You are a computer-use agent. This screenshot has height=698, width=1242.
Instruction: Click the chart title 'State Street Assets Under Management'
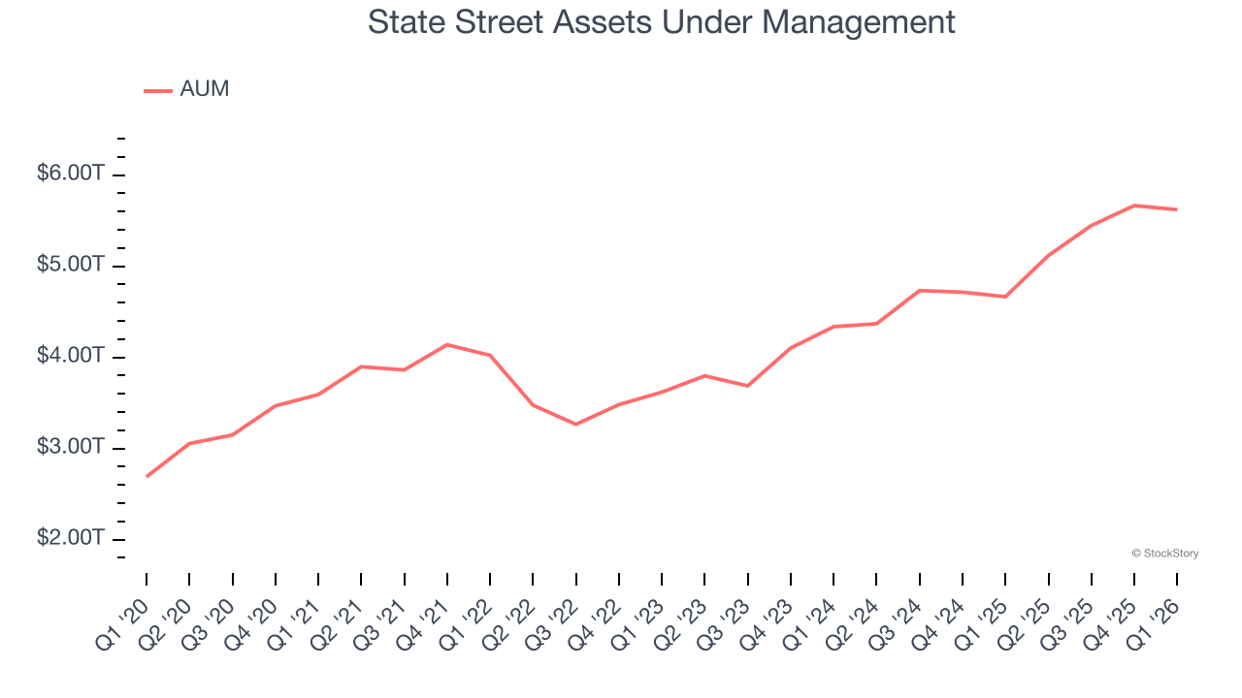(661, 21)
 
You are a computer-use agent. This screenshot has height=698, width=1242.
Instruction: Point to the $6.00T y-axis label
(70, 174)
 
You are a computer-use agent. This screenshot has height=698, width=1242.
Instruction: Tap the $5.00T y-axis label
(70, 265)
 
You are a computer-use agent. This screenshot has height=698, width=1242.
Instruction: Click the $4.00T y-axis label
(70, 356)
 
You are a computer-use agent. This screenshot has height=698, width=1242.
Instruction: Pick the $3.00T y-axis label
(70, 447)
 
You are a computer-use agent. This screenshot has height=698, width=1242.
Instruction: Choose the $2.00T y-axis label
(70, 538)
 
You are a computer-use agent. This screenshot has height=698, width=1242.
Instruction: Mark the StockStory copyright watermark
(1164, 554)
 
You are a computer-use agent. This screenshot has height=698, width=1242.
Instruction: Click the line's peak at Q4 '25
(1134, 206)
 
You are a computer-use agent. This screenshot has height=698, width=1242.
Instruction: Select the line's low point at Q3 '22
(576, 425)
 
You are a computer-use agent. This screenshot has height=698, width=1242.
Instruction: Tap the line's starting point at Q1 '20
(147, 476)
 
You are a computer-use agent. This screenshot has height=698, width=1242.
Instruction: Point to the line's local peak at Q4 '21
(447, 344)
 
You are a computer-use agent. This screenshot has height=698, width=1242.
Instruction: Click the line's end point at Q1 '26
(1177, 209)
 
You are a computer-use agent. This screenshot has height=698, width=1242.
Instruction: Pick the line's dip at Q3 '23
(748, 386)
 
